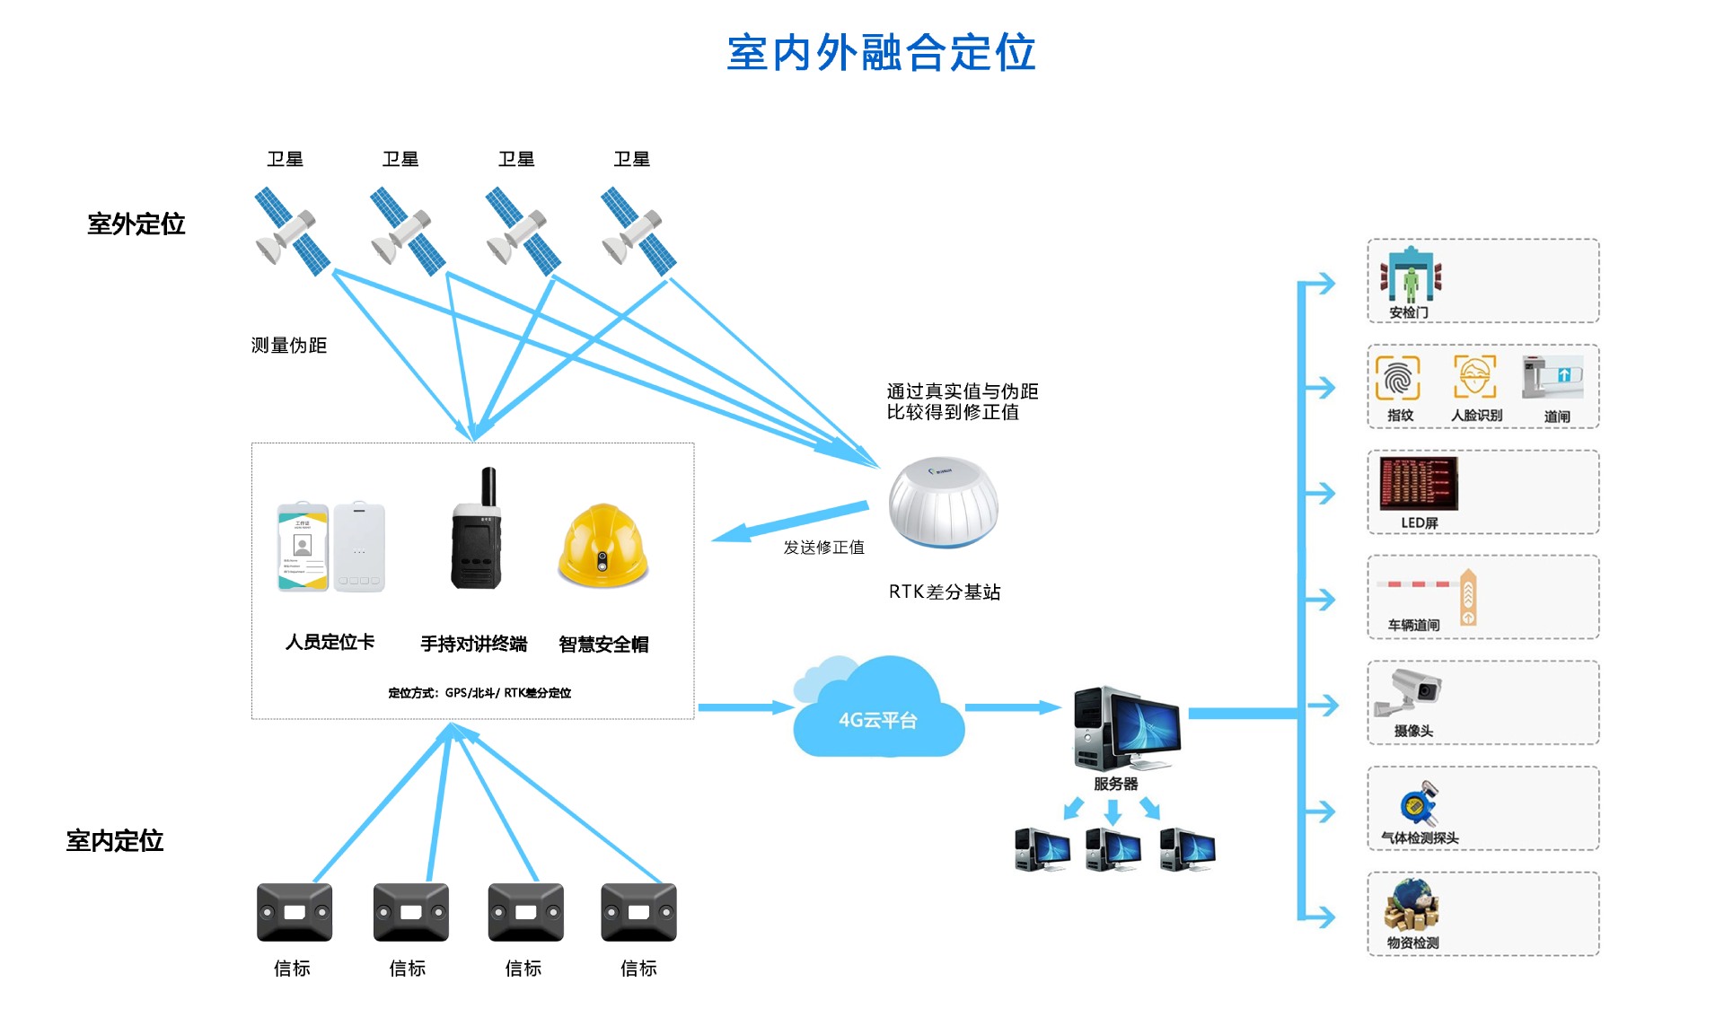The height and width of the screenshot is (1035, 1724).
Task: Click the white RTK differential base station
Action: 943,503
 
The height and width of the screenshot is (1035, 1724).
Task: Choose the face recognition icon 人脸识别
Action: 1475,377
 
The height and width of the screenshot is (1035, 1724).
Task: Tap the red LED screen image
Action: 1419,483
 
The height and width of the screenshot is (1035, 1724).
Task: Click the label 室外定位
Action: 136,224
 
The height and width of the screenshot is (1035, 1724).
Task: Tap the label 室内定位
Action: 115,840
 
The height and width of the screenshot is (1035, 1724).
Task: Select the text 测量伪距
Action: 288,346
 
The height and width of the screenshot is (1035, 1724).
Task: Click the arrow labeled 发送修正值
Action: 790,522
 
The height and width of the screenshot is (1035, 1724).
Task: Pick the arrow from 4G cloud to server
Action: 1013,707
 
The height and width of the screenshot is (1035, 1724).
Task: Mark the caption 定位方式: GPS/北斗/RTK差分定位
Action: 479,693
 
